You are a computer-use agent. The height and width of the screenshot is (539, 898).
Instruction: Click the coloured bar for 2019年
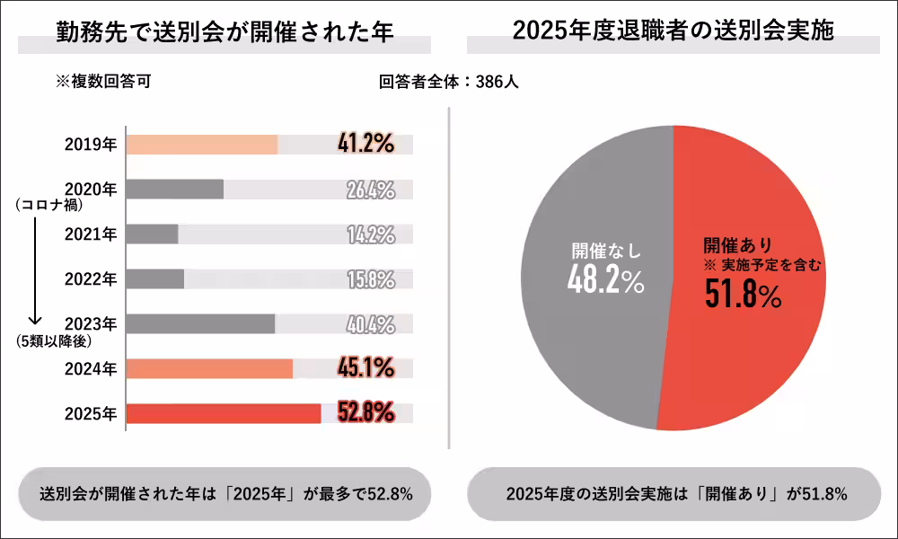[x=202, y=144]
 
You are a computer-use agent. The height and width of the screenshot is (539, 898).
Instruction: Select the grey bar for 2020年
[x=175, y=189]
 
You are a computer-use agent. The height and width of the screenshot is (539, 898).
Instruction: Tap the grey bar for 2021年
[x=153, y=234]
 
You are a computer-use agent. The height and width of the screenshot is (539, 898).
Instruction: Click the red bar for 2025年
[x=224, y=413]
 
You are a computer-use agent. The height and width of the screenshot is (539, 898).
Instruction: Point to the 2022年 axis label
[x=91, y=279]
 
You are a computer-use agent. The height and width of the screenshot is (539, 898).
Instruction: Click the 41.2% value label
[x=366, y=144]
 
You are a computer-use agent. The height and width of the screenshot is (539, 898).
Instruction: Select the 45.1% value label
[x=366, y=368]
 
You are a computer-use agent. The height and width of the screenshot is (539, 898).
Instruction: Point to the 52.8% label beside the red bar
[x=366, y=413]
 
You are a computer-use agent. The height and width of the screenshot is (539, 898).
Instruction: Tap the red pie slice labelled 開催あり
[x=754, y=341]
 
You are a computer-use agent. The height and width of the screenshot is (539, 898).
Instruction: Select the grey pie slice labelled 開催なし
[x=584, y=341]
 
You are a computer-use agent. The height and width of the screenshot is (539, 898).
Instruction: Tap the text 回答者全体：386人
[x=449, y=82]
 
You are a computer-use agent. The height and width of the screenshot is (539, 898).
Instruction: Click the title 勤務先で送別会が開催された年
[x=224, y=32]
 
